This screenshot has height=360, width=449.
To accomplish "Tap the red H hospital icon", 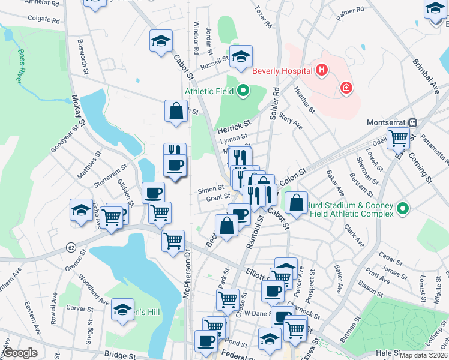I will pyautogui.click(x=322, y=71).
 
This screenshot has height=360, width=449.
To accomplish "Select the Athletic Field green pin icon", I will pyautogui.click(x=243, y=91).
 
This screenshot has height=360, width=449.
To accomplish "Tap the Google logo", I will pyautogui.click(x=20, y=353).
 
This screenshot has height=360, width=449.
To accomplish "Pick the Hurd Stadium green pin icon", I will pyautogui.click(x=403, y=209).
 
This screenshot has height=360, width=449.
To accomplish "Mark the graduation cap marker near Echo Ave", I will pyautogui.click(x=81, y=210).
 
